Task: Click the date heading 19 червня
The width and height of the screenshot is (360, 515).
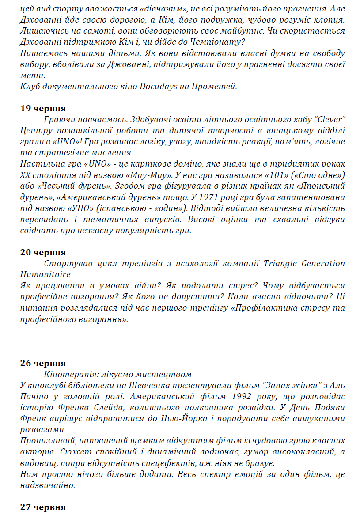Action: coord(43,108)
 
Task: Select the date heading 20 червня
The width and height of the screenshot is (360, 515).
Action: coord(43,252)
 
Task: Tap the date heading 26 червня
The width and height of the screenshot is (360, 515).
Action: coord(43,363)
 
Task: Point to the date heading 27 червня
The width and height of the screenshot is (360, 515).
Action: coord(43,507)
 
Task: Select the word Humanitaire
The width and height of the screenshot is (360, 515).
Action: coord(42,275)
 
